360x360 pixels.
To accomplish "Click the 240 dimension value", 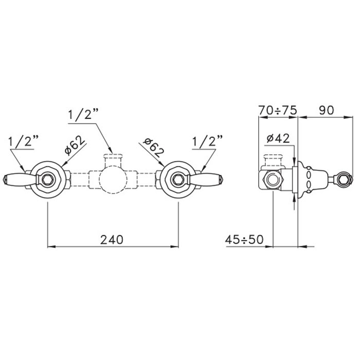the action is click(112, 240).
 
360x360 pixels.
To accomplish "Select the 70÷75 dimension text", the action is click(278, 110).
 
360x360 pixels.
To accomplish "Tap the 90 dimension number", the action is click(326, 110).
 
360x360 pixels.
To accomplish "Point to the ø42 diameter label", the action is click(278, 138).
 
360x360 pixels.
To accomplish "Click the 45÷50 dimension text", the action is click(244, 240).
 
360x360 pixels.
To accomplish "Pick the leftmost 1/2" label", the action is click(23, 141).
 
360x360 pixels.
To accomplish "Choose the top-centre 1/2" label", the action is click(83, 114).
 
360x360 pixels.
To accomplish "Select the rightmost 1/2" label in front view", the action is click(207, 141).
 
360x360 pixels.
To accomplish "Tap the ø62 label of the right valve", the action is click(153, 147).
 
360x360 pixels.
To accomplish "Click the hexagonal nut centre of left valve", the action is click(48, 179).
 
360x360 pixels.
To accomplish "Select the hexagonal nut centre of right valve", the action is click(178, 179).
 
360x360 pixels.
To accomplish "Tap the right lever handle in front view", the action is click(205, 179).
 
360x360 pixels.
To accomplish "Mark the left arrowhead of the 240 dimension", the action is click(51, 246).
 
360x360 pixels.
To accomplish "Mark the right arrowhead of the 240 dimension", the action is click(175, 246).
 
